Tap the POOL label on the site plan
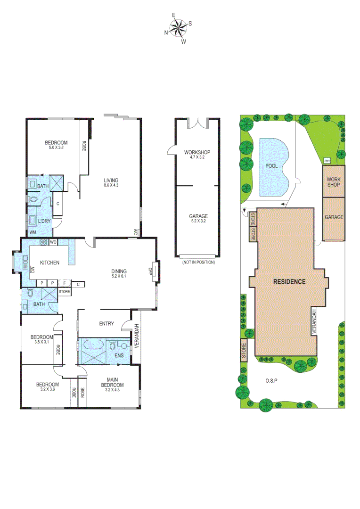271,166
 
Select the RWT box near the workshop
327,161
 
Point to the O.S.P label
270,380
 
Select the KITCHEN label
49,263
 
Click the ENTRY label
106,323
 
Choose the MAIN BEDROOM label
112,382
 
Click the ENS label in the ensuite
120,356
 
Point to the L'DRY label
45,221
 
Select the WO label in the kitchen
53,242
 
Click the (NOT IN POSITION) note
198,262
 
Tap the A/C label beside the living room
135,231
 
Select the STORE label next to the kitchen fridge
64,292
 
